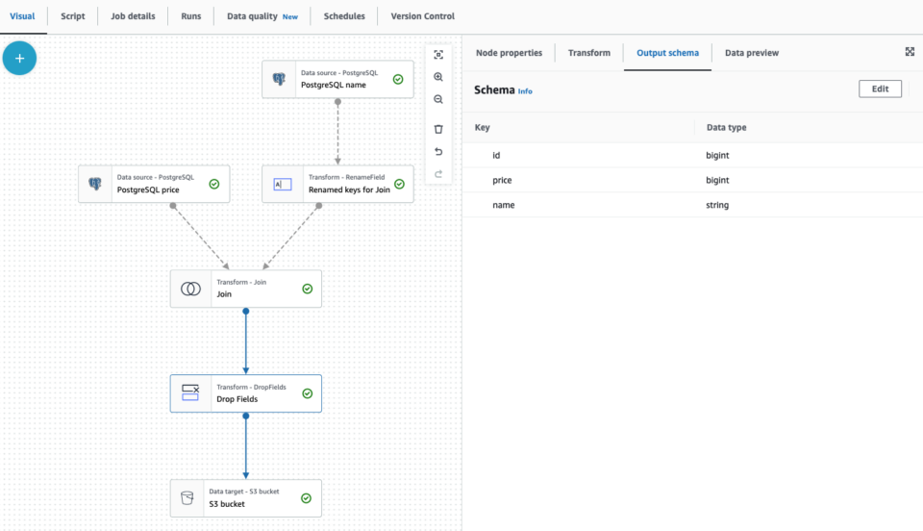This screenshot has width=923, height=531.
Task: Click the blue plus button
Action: (x=19, y=59)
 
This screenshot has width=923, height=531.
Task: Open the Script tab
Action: (x=73, y=16)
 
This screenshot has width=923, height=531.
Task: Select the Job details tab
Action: (x=134, y=16)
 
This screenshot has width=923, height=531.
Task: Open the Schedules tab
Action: (x=344, y=16)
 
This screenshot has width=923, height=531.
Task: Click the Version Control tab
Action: (x=422, y=16)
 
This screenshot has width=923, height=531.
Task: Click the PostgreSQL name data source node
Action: (x=337, y=79)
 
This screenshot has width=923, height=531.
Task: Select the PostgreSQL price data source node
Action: (x=153, y=184)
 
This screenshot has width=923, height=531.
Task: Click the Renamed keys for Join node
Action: (x=337, y=184)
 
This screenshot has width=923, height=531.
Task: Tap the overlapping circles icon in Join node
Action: (x=191, y=289)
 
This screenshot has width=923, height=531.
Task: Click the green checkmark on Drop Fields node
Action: (x=307, y=393)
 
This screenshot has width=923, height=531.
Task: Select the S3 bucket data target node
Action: (x=245, y=498)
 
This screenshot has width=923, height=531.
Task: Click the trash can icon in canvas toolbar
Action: (x=438, y=129)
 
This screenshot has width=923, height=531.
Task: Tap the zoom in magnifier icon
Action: (x=438, y=77)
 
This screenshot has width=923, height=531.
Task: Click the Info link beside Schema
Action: (x=525, y=91)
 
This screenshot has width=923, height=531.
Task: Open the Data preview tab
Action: (x=751, y=53)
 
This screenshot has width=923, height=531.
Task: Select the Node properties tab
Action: (x=509, y=53)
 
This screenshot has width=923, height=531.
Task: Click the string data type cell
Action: (x=717, y=205)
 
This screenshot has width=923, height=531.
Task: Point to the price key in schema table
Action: (x=502, y=180)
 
